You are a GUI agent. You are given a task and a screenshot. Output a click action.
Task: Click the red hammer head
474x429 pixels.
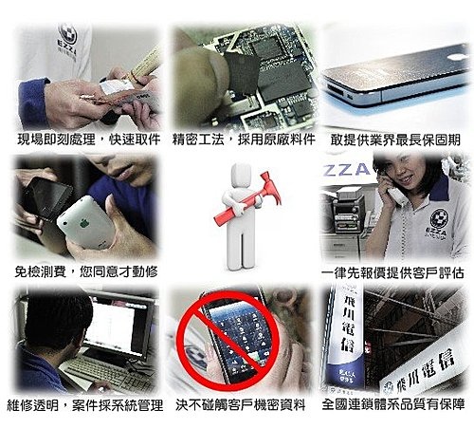pyautogui.click(x=272, y=190)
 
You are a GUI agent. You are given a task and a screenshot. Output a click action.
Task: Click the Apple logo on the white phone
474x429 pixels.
pyautogui.click(x=83, y=224)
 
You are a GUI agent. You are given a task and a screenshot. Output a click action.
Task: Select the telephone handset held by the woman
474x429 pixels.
pyautogui.click(x=392, y=190)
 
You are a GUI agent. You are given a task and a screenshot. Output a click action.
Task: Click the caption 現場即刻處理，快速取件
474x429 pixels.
pyautogui.click(x=89, y=140)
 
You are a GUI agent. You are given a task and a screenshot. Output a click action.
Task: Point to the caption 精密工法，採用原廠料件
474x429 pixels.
pyautogui.click(x=244, y=140)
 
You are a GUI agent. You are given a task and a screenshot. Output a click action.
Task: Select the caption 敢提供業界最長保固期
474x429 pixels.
pyautogui.click(x=395, y=140)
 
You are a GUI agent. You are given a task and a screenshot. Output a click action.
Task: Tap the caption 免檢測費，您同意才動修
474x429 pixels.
pyautogui.click(x=86, y=271)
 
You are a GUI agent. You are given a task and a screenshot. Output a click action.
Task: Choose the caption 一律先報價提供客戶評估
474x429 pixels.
pyautogui.click(x=392, y=273)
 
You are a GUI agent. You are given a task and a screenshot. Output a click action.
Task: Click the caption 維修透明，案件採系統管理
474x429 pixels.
pyautogui.click(x=85, y=405)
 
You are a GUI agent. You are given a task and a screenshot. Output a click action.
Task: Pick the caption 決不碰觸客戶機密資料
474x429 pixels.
pyautogui.click(x=241, y=405)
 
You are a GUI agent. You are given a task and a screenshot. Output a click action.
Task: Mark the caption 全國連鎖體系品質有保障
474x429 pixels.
pyautogui.click(x=393, y=404)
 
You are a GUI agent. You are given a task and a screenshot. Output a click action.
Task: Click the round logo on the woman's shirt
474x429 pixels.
pyautogui.click(x=439, y=217)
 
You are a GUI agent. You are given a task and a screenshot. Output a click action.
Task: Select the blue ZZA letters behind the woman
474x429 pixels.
pyautogui.click(x=346, y=170)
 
